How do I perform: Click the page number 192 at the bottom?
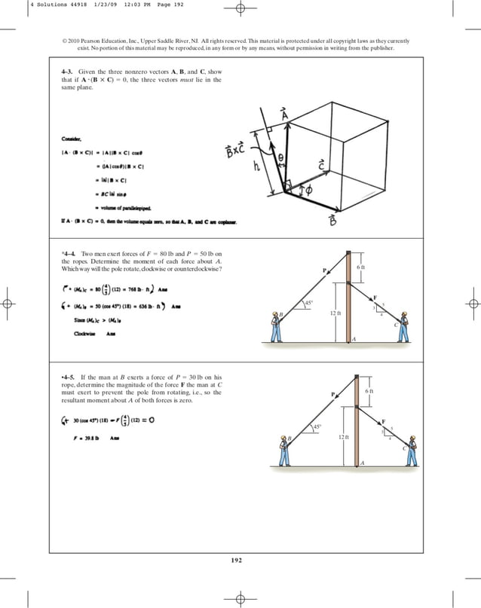tap(240, 558)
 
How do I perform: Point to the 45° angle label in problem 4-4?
tap(307, 303)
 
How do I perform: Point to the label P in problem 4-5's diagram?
tap(332, 394)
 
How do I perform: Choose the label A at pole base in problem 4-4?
tap(354, 341)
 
